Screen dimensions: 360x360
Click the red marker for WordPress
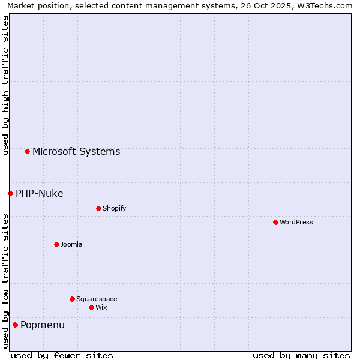click(275, 222)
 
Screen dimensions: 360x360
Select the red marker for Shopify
click(98, 208)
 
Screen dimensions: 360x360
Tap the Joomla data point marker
click(56, 244)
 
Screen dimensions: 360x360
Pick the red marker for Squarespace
click(72, 299)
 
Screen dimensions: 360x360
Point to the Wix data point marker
click(91, 307)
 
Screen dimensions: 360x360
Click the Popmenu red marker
click(15, 325)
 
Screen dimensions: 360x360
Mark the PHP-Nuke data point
click(10, 193)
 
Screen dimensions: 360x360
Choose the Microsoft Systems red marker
click(27, 151)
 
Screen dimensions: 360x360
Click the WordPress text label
click(296, 222)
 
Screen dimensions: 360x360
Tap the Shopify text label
click(114, 208)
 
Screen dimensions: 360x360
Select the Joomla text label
click(71, 244)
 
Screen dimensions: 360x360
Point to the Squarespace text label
click(97, 299)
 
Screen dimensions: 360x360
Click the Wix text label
click(101, 307)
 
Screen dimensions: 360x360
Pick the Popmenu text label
click(43, 325)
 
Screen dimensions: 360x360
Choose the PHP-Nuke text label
click(40, 193)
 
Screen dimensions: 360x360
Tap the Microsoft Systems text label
click(76, 151)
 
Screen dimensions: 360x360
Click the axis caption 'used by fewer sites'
click(62, 355)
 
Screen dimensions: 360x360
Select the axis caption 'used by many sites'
click(301, 355)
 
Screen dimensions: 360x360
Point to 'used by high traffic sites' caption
click(5, 85)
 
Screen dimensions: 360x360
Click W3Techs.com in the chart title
click(324, 5)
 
